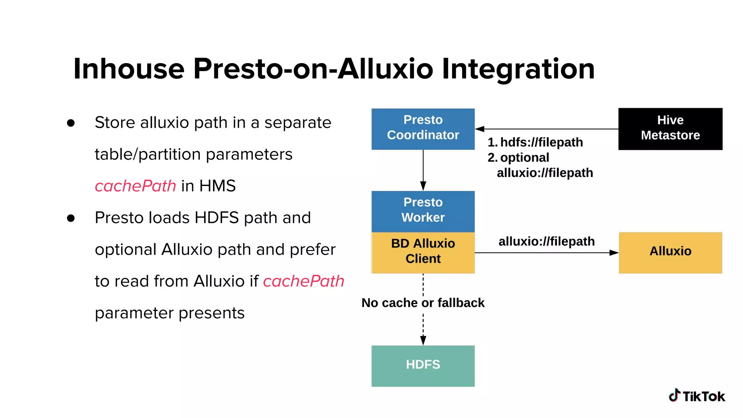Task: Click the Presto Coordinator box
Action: pos(423,129)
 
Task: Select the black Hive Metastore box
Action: pos(670,129)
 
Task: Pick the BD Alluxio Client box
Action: pos(423,253)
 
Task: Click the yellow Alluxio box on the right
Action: pos(670,253)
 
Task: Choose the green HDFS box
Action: pos(423,366)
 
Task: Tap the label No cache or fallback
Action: pos(423,303)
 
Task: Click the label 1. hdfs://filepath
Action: pos(535,142)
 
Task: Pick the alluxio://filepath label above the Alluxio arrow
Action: pos(546,241)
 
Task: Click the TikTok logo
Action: pos(697,396)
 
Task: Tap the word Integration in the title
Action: pos(518,69)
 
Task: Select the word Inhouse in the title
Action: pos(129,69)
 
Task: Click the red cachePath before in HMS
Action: pos(135,186)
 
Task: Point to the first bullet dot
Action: pos(71,123)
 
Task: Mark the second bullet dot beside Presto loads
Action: pos(71,218)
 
